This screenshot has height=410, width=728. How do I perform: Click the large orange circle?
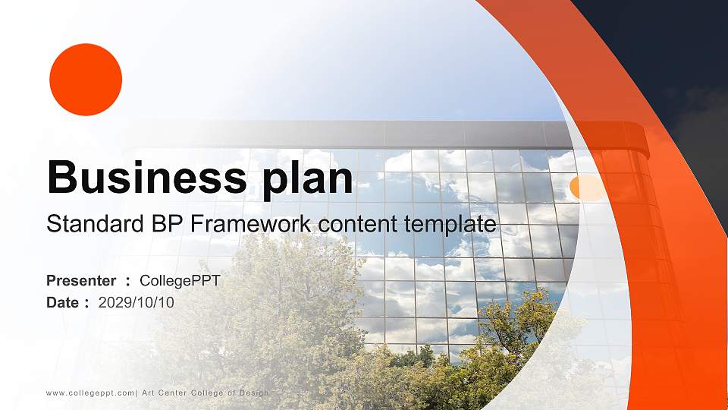(x=86, y=79)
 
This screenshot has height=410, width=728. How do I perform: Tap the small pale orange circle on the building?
(x=583, y=188)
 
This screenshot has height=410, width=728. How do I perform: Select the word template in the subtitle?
(x=453, y=225)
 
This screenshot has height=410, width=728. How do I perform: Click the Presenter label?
(x=81, y=281)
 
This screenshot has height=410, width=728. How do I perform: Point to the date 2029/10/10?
(x=136, y=302)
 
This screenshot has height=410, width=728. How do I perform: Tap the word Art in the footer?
(x=149, y=393)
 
